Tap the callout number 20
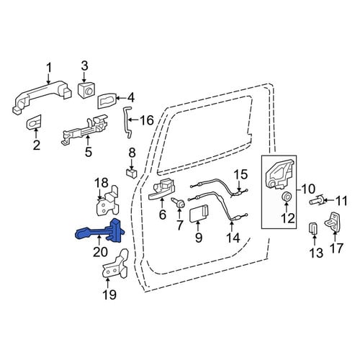pos(100,252)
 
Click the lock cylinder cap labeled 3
pos(86,90)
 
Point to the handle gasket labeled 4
pos(107,100)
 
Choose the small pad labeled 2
pos(34,122)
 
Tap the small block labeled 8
pos(131,173)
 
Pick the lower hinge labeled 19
pos(115,264)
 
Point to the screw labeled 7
pos(179,202)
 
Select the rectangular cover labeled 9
pos(199,214)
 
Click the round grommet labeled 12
pos(286,197)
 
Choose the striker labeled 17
pos(333,222)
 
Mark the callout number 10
pos(308,189)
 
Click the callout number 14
pos(233,238)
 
